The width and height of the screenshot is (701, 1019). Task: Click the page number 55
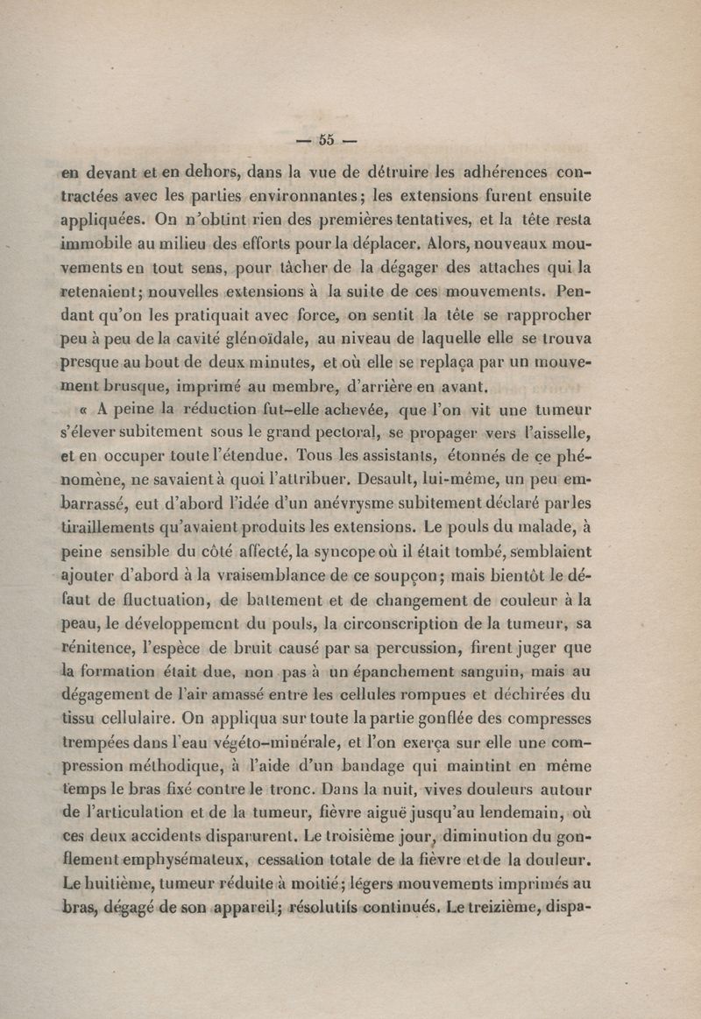pos(328,139)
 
